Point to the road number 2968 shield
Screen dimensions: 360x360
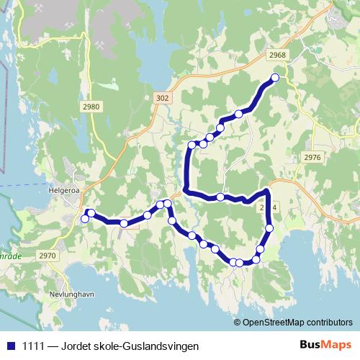[276, 55]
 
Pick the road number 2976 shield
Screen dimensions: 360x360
[312, 157]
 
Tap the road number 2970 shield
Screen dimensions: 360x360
[48, 255]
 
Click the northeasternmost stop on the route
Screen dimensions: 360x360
[274, 78]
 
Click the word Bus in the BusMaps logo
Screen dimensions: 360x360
[310, 345]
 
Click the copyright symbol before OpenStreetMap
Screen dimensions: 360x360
[238, 322]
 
